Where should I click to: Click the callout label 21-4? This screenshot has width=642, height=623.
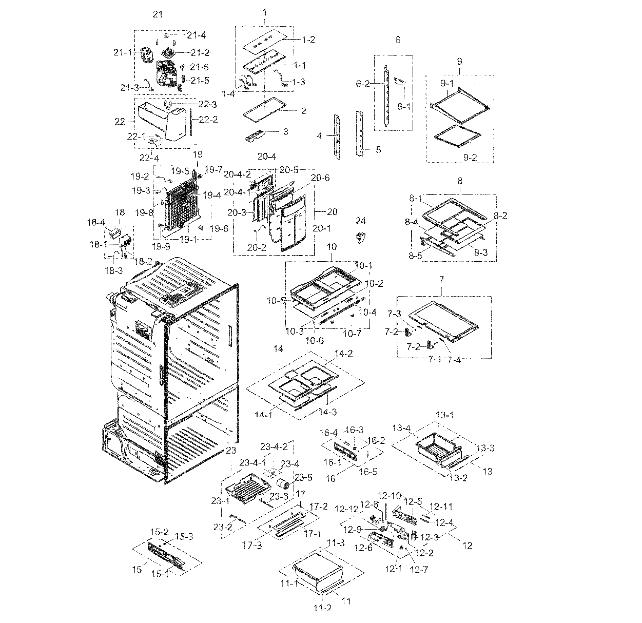(196, 35)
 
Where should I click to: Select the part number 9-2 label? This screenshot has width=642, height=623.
(470, 158)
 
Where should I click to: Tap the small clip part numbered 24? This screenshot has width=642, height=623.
(361, 237)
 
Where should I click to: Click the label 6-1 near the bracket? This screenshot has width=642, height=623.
(403, 107)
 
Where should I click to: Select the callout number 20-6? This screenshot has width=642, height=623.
(320, 178)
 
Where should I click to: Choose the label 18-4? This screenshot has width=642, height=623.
(96, 223)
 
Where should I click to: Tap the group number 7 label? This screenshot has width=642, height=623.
(441, 280)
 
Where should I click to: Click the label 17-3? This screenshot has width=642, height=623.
(252, 545)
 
